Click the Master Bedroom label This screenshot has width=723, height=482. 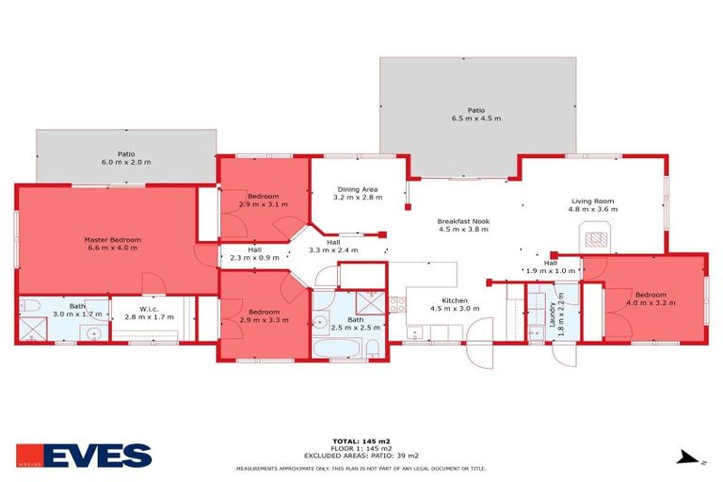112,240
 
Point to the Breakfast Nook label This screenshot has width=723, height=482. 462,221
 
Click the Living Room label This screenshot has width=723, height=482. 592,201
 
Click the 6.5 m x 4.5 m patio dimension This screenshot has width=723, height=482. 476,120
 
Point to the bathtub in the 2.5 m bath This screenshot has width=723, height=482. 337,349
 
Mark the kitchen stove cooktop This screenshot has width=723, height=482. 396,304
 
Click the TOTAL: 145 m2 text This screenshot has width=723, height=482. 361,441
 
